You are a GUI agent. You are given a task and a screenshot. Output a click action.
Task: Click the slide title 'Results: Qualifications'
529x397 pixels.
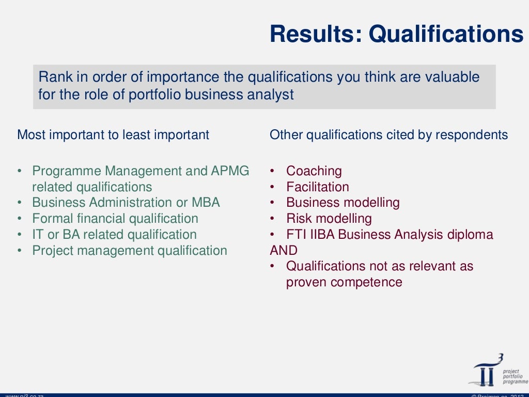pyautogui.click(x=396, y=34)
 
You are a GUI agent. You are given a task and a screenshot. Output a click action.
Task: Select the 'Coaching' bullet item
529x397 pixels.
pyautogui.click(x=314, y=171)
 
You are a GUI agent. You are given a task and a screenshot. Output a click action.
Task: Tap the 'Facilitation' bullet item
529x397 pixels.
pyautogui.click(x=317, y=187)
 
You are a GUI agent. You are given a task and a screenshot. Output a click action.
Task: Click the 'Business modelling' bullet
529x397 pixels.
pyautogui.click(x=343, y=203)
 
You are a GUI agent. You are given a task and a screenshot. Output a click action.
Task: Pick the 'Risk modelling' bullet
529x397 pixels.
pyautogui.click(x=329, y=219)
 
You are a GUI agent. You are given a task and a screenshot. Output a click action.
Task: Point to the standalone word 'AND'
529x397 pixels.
pyautogui.click(x=284, y=251)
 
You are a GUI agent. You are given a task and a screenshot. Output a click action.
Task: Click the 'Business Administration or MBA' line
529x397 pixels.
pyautogui.click(x=126, y=203)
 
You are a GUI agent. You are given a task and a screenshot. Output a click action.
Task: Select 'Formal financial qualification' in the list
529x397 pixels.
pyautogui.click(x=115, y=219)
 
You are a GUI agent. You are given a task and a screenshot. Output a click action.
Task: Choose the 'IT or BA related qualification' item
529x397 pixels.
pyautogui.click(x=114, y=235)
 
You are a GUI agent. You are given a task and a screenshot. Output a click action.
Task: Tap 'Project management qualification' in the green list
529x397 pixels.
pyautogui.click(x=129, y=251)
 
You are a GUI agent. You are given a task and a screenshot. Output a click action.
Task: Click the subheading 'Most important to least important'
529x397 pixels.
pyautogui.click(x=113, y=135)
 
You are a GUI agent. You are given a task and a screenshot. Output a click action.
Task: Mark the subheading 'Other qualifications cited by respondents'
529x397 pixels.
pyautogui.click(x=388, y=135)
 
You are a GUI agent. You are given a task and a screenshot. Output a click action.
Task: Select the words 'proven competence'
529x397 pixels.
pyautogui.click(x=344, y=282)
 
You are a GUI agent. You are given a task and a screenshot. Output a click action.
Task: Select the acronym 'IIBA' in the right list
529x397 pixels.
pyautogui.click(x=322, y=235)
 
